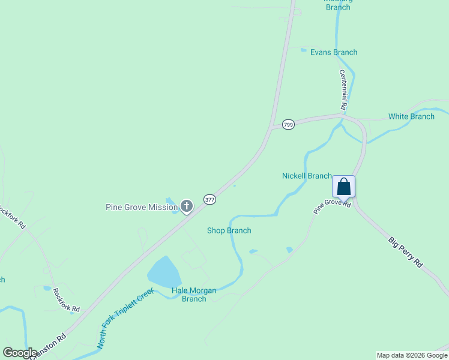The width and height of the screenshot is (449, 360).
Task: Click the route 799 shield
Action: pos(289,124)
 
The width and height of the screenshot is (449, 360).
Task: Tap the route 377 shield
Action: pos(209,199)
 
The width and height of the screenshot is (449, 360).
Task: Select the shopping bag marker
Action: pos(343,187)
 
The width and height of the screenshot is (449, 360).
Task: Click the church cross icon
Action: pos(187,207)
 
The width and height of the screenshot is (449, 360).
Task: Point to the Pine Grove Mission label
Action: pos(142,208)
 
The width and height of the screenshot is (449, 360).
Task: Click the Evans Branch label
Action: pos(334,52)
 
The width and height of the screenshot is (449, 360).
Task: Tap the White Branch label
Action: pos(411,116)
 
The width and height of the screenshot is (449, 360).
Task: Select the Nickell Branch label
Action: pos(307,176)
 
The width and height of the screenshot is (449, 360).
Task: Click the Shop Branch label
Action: pos(229,230)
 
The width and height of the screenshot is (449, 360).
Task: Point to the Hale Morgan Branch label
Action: pos(194,295)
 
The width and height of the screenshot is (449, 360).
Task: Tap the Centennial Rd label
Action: pos(343,89)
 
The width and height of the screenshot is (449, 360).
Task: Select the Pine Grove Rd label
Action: pos(331,207)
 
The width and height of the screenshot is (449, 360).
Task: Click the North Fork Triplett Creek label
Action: pos(125,319)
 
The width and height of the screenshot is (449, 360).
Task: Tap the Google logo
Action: pos(20,353)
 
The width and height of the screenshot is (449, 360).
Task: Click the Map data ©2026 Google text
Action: pos(412,355)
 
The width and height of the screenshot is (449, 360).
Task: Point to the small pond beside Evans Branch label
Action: pos(303,50)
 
